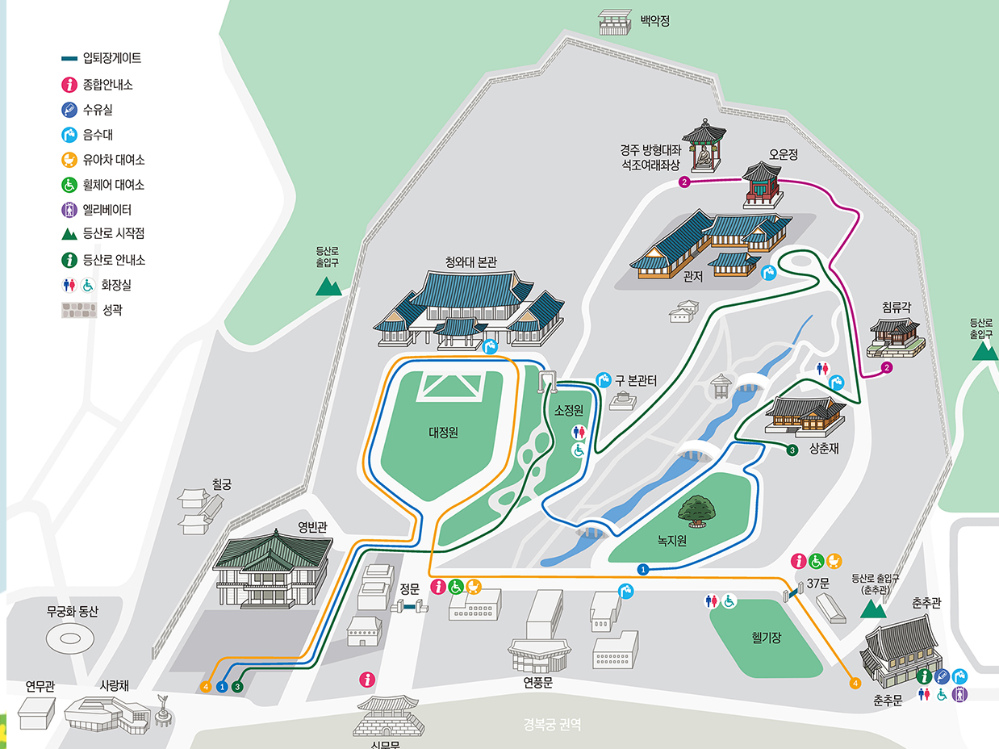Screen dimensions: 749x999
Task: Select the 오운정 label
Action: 783,154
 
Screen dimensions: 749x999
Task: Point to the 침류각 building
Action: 895,337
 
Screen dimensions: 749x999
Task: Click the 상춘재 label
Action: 824,449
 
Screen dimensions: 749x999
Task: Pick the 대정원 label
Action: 443,432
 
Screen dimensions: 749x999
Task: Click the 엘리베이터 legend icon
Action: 69,209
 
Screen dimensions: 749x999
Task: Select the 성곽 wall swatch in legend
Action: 79,310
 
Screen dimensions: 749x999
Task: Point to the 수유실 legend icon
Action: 69,110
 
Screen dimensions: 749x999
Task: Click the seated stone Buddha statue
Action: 704,156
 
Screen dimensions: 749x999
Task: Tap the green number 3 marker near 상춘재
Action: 792,450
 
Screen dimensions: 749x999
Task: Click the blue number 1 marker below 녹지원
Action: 642,569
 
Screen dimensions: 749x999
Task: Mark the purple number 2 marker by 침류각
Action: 887,368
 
